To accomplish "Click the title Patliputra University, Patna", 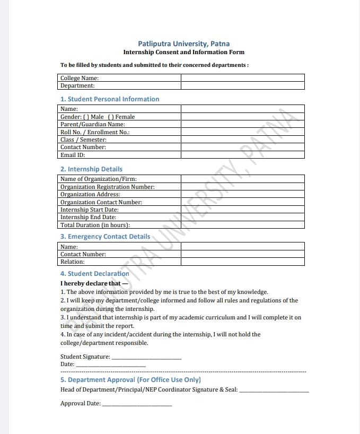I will click(183, 44).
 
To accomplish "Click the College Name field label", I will click(80, 78).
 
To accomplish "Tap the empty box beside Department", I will click(242, 85).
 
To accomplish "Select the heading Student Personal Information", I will click(110, 99).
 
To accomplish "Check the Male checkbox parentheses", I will click(85, 117).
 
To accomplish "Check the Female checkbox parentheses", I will click(111, 117).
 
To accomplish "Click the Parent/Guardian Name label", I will click(93, 124).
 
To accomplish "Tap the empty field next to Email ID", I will click(242, 155).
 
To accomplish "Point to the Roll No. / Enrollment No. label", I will click(95, 132).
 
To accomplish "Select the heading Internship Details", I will click(91, 169).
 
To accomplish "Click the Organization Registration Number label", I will click(108, 187).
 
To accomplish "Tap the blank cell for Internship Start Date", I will click(242, 210).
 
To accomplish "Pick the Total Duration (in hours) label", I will click(95, 225).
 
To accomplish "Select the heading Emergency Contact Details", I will click(105, 237).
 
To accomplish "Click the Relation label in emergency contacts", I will click(73, 262).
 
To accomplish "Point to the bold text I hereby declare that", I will click(91, 283).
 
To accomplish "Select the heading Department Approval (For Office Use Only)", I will click(130, 380).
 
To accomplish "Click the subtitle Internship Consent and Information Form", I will click(183, 53).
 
